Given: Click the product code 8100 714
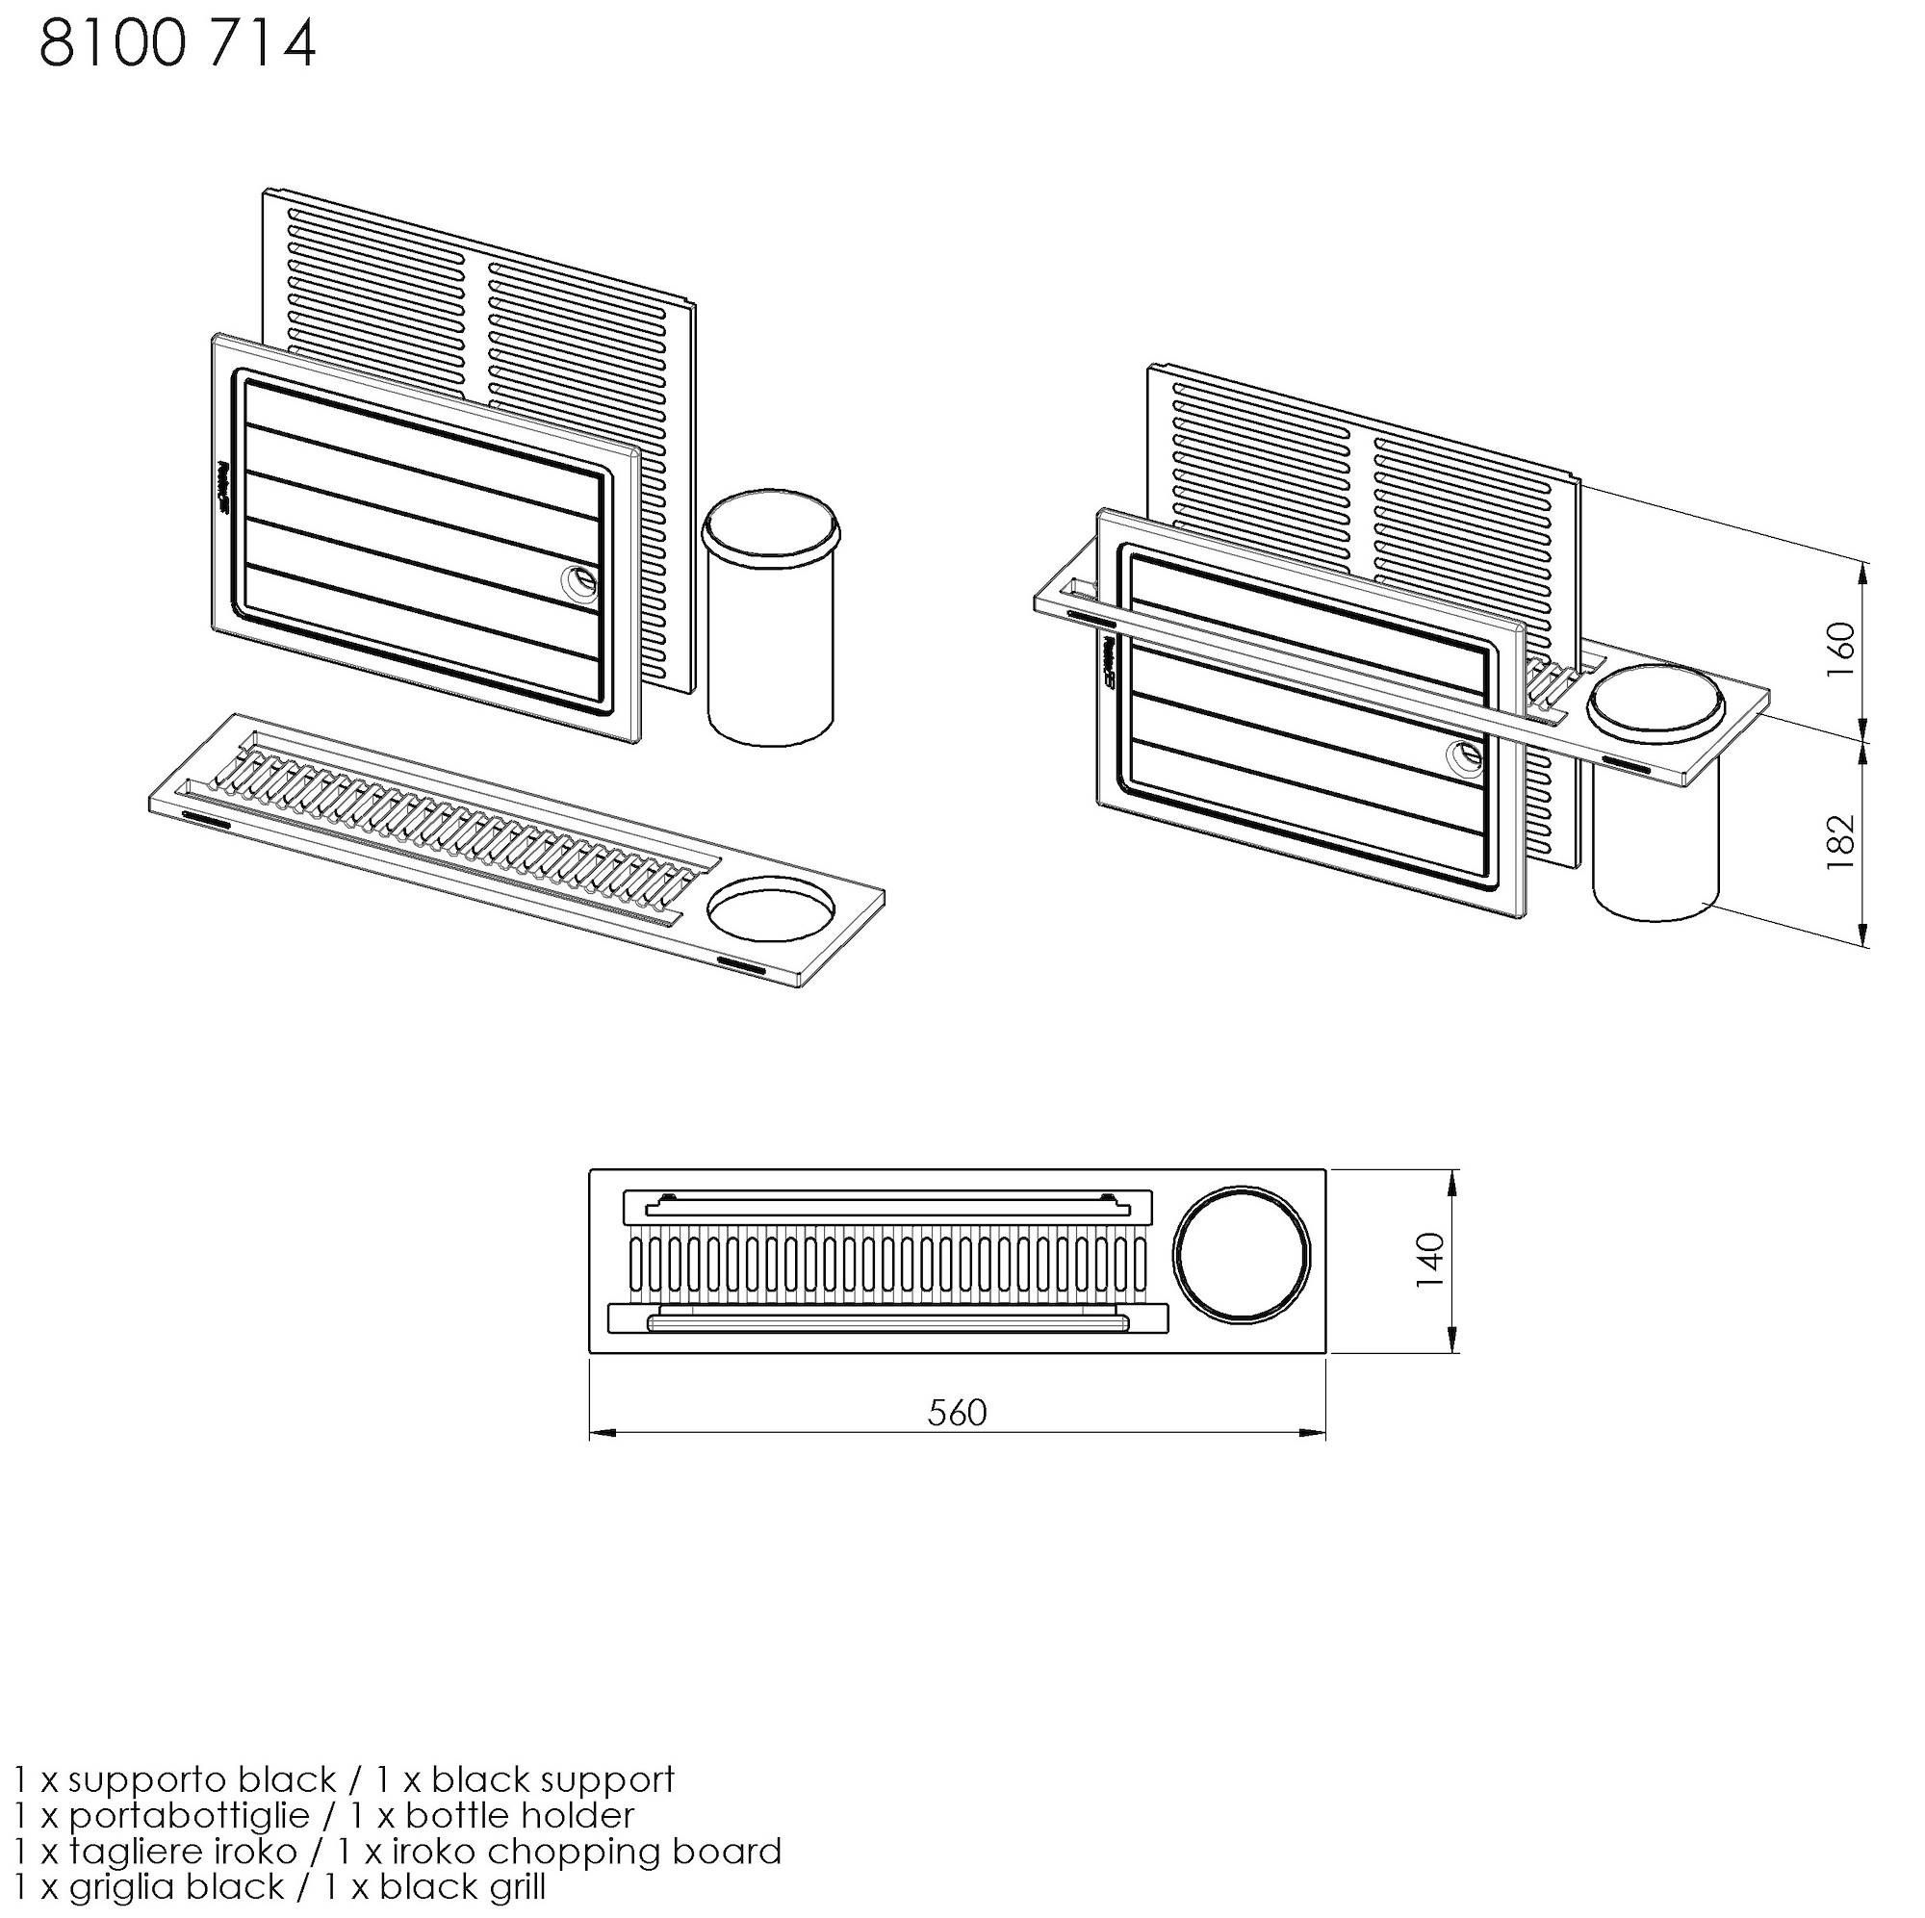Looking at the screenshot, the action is (x=177, y=45).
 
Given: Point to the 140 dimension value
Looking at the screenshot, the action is (x=1430, y=1260).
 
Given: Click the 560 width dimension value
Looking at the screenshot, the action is (x=957, y=1412).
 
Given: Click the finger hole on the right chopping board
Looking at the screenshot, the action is (x=1465, y=757).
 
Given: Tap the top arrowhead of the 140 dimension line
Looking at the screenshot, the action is (x=1456, y=1181).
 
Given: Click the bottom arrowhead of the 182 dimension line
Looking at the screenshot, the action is (x=1863, y=933).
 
